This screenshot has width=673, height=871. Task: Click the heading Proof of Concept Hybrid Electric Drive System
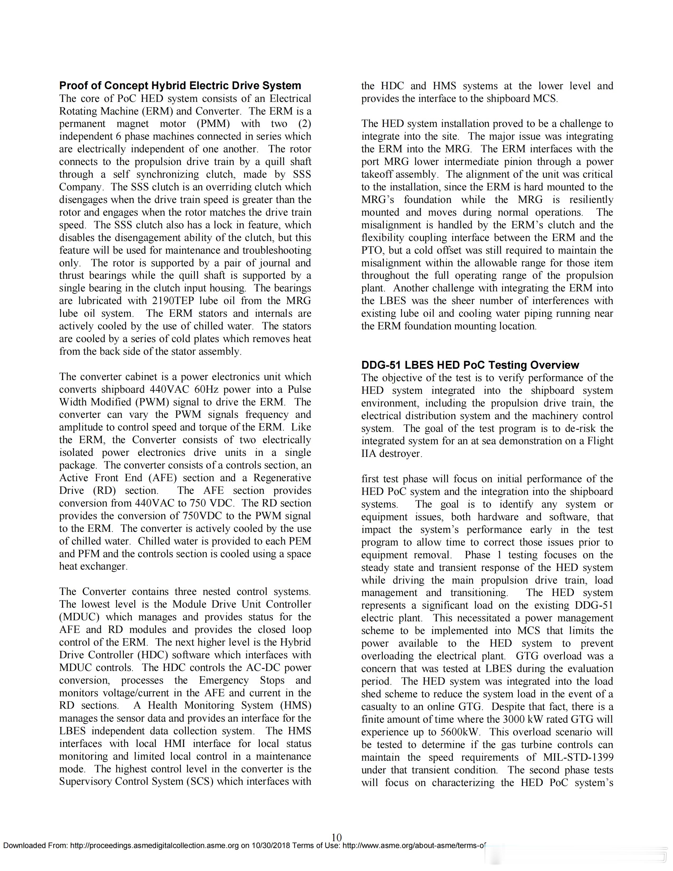pyautogui.click(x=180, y=86)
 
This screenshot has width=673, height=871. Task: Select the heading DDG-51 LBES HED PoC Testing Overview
pyautogui.click(x=470, y=365)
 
